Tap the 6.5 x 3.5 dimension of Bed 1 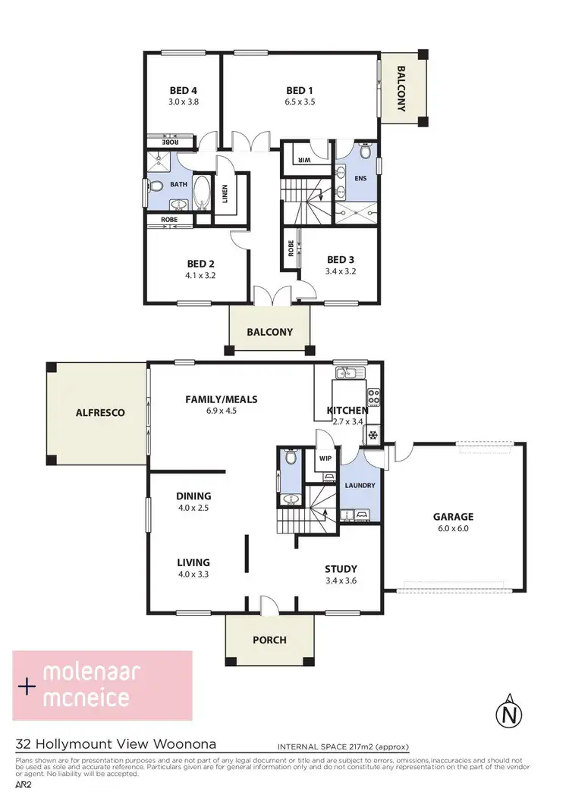[x=300, y=102]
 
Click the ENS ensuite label [x=361, y=178]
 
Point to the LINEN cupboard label [x=225, y=194]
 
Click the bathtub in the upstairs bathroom [x=203, y=192]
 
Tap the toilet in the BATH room [x=156, y=186]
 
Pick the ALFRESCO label [x=99, y=413]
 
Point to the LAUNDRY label [x=360, y=486]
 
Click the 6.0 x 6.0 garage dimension [x=454, y=529]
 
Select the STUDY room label [x=341, y=569]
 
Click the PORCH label [x=269, y=640]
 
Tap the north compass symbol [x=510, y=713]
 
